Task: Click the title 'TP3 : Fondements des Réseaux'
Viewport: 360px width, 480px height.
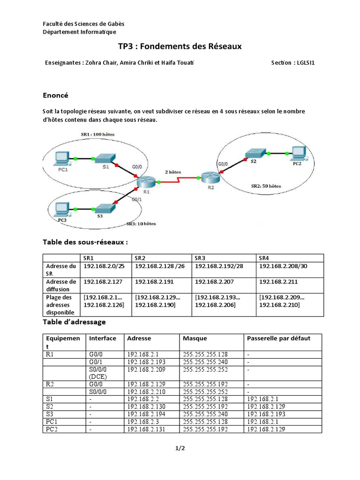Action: click(180, 47)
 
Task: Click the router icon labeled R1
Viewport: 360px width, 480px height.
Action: click(146, 181)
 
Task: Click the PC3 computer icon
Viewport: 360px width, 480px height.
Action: click(61, 209)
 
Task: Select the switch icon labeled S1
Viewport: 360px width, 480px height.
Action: click(104, 158)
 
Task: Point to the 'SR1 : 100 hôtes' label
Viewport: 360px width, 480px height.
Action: click(97, 135)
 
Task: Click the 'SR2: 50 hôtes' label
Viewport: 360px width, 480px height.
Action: click(266, 186)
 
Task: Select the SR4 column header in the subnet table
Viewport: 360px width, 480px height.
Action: click(264, 258)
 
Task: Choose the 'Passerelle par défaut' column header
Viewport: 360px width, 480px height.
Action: click(278, 338)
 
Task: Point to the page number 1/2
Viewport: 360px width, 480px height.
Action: click(180, 449)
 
